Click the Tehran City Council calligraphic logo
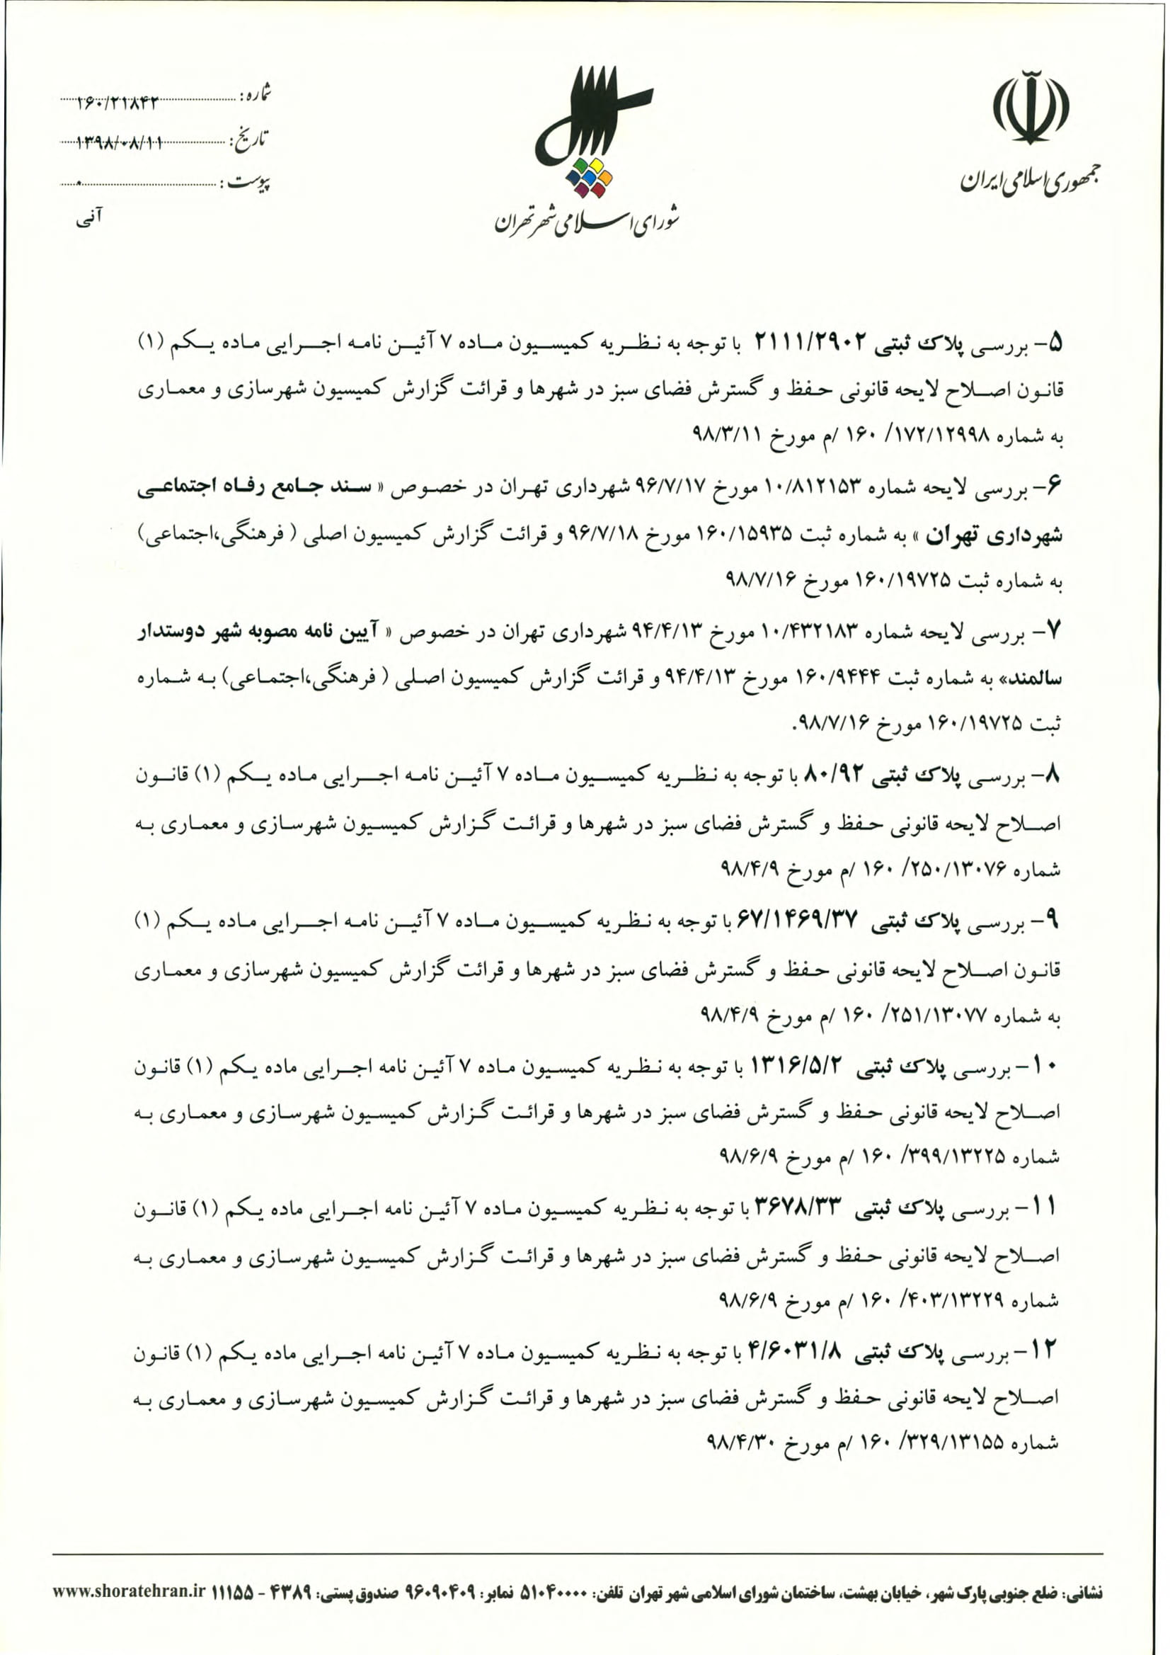tap(592, 115)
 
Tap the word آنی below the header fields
tap(89, 215)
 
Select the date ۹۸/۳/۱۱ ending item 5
tap(728, 436)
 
